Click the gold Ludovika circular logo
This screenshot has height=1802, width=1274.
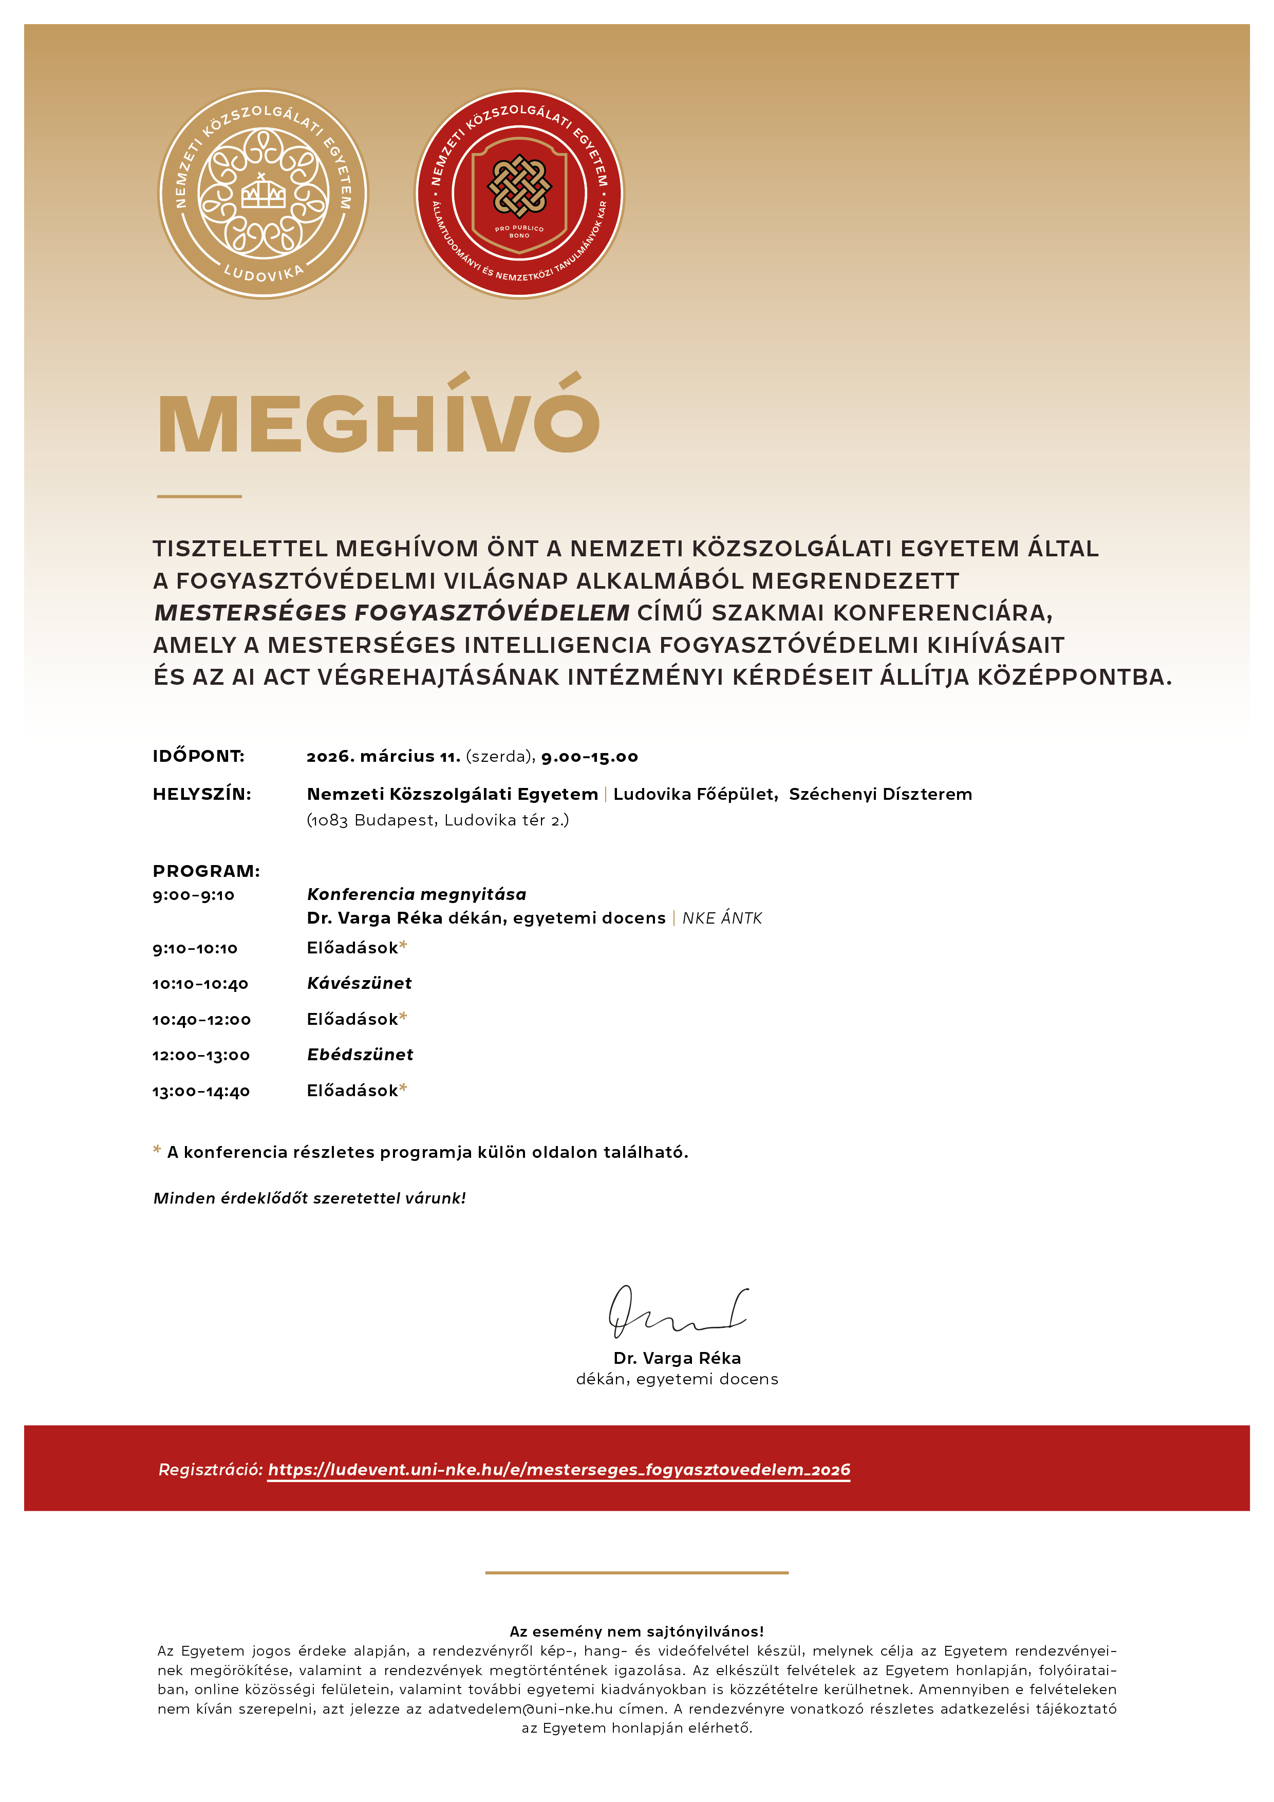pyautogui.click(x=263, y=193)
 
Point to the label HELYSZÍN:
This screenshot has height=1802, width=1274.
pyautogui.click(x=202, y=794)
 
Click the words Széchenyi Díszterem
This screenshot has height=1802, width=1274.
pyautogui.click(x=880, y=794)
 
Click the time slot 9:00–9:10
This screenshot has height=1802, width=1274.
pyautogui.click(x=193, y=895)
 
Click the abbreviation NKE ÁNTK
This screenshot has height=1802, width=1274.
pyautogui.click(x=721, y=918)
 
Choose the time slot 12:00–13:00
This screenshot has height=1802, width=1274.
pyautogui.click(x=201, y=1056)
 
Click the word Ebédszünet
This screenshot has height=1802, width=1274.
pyautogui.click(x=360, y=1054)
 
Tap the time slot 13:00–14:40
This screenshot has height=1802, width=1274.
pyautogui.click(x=201, y=1091)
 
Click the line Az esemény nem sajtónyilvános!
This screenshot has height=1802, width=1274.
pyautogui.click(x=636, y=1631)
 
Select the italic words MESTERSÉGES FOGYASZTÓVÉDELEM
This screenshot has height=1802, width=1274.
pyautogui.click(x=391, y=612)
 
